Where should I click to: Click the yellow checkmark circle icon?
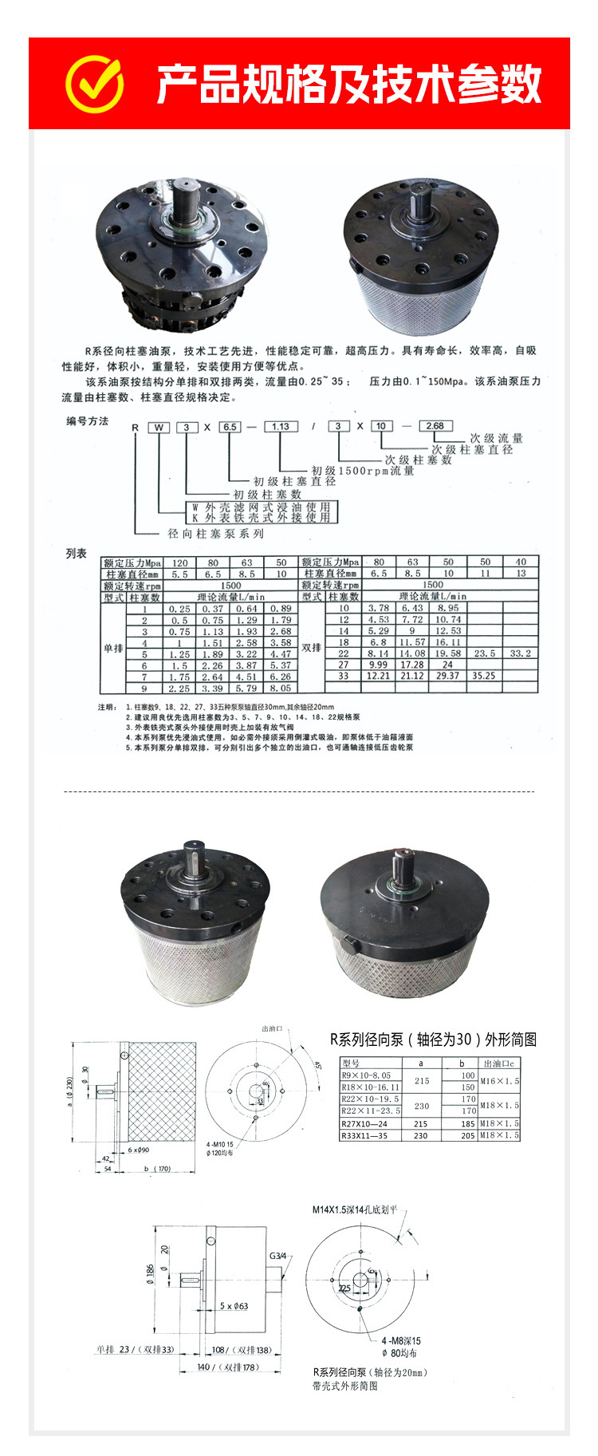(95, 83)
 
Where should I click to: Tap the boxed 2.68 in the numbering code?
(435, 425)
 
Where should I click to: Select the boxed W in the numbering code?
(159, 427)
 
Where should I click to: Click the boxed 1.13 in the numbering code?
(281, 426)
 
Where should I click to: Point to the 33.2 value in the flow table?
(521, 653)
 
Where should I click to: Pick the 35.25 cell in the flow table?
(484, 676)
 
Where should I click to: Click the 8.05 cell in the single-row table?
(281, 688)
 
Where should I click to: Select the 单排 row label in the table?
(113, 649)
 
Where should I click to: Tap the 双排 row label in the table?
(312, 648)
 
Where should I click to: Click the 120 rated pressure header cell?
(180, 562)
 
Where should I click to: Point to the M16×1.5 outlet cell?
(500, 1081)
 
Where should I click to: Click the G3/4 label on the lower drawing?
(277, 1256)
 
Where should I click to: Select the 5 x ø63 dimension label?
(234, 1306)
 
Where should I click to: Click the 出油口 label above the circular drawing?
(273, 1030)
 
